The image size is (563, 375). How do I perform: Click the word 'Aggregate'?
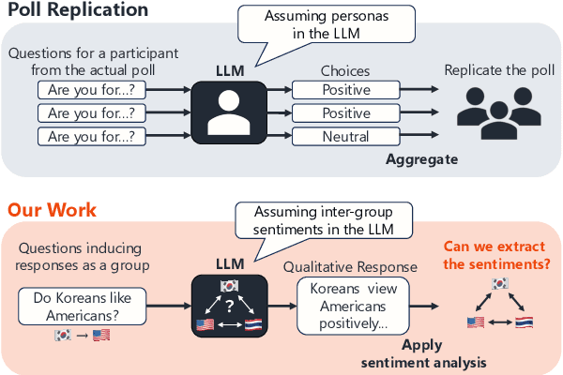pyautogui.click(x=421, y=159)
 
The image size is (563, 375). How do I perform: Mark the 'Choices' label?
pyautogui.click(x=345, y=70)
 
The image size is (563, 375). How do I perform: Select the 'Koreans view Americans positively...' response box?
pyautogui.click(x=348, y=304)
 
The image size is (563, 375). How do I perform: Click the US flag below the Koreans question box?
pyautogui.click(x=100, y=336)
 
